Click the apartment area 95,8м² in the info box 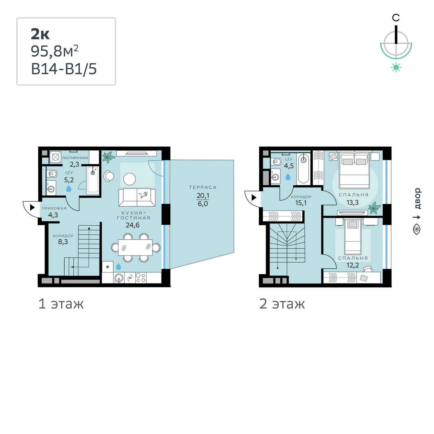tap(55, 51)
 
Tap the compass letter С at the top tap(396, 18)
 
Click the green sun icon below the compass tap(396, 67)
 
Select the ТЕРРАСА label tap(202, 187)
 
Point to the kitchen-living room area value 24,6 tap(132, 225)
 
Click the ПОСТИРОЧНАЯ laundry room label tap(75, 158)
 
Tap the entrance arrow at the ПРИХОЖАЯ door tap(32, 207)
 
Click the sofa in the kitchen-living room tap(137, 198)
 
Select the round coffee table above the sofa tap(129, 179)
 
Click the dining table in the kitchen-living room tap(135, 247)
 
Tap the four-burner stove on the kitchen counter tap(141, 278)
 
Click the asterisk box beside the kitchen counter tap(108, 267)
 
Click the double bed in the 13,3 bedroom tap(354, 170)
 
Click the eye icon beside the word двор tap(417, 229)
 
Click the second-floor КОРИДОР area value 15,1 tap(301, 203)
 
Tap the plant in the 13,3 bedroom tap(374, 208)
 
